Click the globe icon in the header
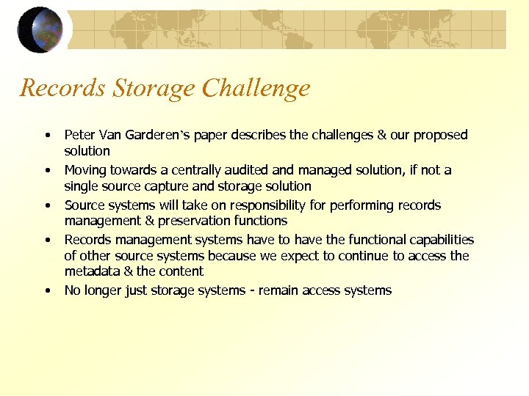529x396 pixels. click(x=41, y=30)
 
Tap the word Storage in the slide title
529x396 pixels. click(x=154, y=89)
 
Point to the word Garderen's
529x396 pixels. click(x=156, y=135)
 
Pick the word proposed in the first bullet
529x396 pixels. click(x=440, y=135)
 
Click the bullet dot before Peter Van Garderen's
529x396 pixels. click(x=47, y=136)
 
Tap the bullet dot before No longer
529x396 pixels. click(x=47, y=291)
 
